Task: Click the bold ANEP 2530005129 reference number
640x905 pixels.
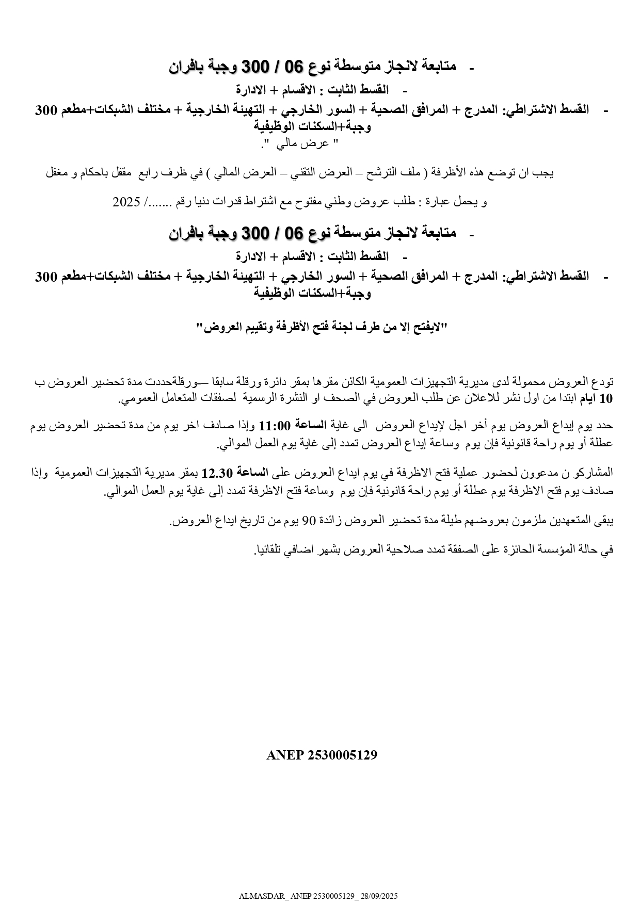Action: (x=322, y=755)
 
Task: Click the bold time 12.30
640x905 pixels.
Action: (x=217, y=472)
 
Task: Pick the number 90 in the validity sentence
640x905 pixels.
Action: (x=308, y=521)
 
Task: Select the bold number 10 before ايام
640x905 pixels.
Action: (x=607, y=398)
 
